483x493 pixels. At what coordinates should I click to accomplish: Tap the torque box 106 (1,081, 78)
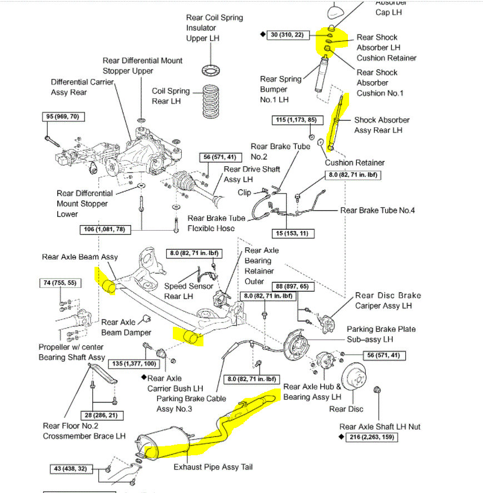(x=106, y=229)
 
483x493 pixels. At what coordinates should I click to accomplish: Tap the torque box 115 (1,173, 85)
(x=297, y=120)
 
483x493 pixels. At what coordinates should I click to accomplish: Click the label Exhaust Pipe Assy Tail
(x=213, y=467)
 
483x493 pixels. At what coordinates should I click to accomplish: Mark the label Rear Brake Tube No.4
(x=377, y=210)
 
